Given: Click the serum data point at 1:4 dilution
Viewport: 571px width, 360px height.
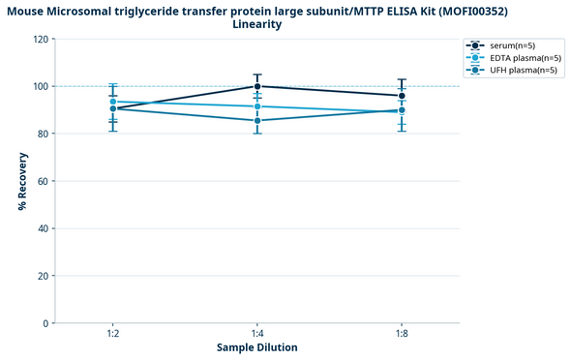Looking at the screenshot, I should click(x=257, y=86).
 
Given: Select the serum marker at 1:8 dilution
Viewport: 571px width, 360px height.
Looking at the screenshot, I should click(x=402, y=96).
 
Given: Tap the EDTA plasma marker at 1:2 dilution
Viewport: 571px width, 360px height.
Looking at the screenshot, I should click(x=113, y=102).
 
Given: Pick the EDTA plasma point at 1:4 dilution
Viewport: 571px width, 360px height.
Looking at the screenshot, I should click(x=257, y=106).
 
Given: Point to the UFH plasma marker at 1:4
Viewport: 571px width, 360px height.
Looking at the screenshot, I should click(x=257, y=120).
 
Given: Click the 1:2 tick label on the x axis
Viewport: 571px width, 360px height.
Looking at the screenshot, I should click(x=113, y=333).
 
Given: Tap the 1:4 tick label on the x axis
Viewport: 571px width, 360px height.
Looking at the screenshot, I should click(x=257, y=333).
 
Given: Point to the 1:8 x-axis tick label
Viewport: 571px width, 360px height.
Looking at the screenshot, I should click(x=402, y=333).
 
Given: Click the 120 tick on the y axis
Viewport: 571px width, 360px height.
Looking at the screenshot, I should click(x=41, y=40).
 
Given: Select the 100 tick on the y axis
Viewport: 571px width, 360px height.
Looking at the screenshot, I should click(x=41, y=87).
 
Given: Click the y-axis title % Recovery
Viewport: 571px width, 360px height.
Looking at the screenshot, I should click(x=21, y=181).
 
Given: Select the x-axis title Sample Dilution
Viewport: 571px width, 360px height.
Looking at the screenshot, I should click(x=256, y=347).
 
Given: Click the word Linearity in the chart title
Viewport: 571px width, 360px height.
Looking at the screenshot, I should click(x=257, y=24).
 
